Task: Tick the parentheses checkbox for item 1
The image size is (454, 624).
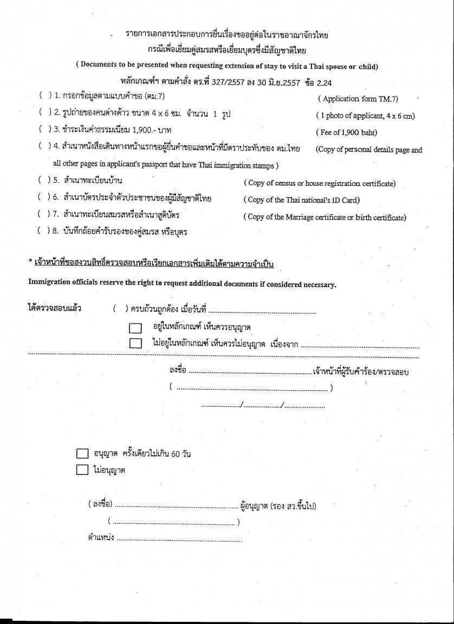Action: tap(44, 95)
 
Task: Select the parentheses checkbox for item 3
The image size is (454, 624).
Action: tap(44, 129)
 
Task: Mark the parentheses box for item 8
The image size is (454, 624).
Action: tap(44, 231)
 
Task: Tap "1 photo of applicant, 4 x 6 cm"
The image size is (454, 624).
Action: tap(365, 115)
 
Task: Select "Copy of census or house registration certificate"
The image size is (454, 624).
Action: tap(319, 184)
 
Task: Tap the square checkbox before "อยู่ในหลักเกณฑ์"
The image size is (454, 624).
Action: tap(135, 328)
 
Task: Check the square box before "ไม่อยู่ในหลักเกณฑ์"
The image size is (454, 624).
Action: tap(135, 343)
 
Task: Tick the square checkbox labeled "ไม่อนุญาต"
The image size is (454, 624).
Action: tap(82, 470)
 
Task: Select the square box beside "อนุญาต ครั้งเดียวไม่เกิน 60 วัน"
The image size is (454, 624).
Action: tap(82, 454)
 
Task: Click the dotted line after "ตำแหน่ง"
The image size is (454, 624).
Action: tap(179, 539)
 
